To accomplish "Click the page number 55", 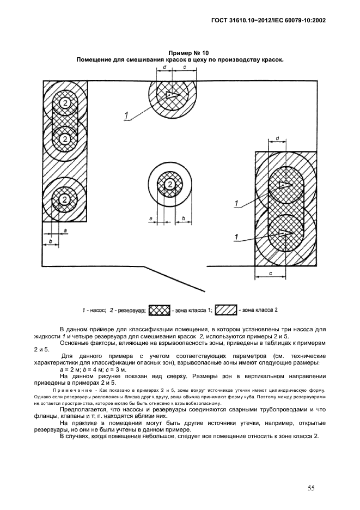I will click(311, 488).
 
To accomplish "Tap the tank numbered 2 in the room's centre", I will click(170, 185).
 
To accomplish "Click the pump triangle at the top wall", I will click(171, 95).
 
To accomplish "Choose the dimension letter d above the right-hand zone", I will click(278, 139).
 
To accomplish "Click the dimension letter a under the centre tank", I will click(150, 218).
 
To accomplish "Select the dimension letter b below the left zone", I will click(50, 240).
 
